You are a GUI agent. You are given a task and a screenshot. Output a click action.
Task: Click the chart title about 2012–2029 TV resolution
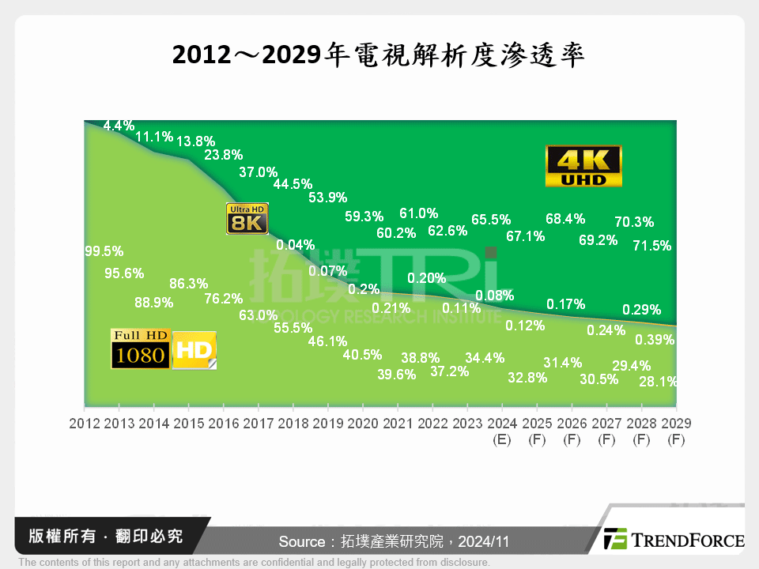379,55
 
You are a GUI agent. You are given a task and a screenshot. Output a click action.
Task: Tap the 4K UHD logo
584,166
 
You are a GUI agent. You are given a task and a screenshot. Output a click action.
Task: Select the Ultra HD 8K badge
247,219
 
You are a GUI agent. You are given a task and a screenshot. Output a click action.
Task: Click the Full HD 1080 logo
140,349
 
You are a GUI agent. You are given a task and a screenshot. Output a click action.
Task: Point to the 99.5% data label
104,251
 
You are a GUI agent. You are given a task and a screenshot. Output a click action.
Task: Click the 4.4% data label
119,126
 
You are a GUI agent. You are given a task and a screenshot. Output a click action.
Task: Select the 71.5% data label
652,246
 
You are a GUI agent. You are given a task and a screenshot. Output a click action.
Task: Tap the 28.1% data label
656,381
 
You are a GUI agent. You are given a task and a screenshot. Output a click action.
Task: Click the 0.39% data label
655,340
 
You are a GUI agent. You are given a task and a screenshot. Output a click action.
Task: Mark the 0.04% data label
295,244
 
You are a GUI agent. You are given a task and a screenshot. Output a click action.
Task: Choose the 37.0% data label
258,171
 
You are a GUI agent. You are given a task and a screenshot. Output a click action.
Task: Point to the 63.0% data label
259,315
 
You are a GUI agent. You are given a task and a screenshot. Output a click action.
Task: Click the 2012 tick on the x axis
85,424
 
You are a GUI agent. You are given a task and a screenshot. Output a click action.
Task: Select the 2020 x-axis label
363,424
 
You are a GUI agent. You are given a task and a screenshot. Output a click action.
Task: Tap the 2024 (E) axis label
501,431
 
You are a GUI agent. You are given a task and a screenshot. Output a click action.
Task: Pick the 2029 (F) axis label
675,431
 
